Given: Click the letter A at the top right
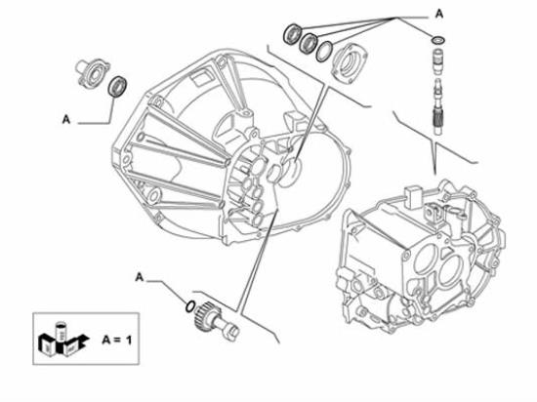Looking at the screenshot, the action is coord(439,14).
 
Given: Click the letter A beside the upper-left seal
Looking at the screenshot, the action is coord(66,119).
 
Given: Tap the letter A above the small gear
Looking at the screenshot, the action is coord(139,277).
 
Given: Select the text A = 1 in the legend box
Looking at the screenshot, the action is coord(117,341).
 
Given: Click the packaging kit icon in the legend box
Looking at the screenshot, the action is coord(62,339).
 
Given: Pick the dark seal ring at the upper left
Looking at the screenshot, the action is coord(117,87).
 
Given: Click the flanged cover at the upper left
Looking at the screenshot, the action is coord(92,72).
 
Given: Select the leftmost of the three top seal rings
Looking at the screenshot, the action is coord(292,34).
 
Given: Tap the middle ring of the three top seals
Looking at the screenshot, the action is coord(308,43).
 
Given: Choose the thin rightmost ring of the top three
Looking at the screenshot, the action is coord(324,52).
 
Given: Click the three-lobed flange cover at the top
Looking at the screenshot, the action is coord(350,63).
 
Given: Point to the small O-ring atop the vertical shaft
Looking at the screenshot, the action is coord(438,40).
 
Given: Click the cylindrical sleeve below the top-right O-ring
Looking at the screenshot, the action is coord(438,61).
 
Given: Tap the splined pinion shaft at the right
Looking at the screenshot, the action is coord(438,106).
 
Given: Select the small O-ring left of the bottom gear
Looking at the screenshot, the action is coord(190,306).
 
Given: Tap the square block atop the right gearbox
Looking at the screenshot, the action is coord(413,197).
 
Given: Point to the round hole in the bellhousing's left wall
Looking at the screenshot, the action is coord(141,137).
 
